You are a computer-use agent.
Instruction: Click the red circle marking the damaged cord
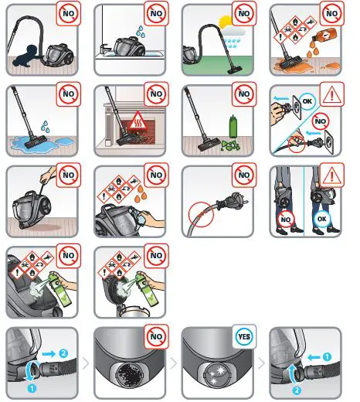pos(199,215)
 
